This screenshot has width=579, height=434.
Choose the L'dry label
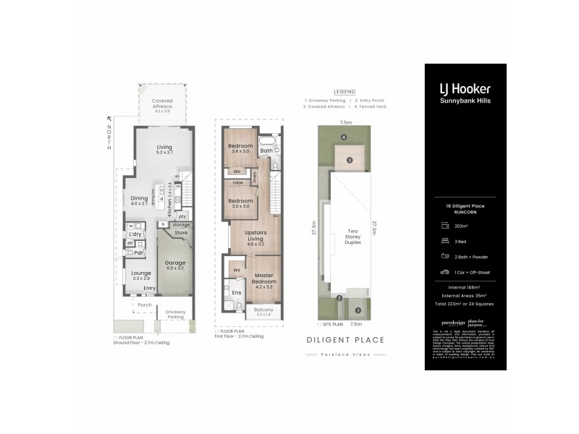pyautogui.click(x=135, y=234)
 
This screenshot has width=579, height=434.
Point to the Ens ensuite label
pyautogui.click(x=236, y=292)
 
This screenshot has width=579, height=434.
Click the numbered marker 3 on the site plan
pyautogui.click(x=349, y=160)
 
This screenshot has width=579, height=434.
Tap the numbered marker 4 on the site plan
pyautogui.click(x=345, y=137)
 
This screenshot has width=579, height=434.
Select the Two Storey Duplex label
pyautogui.click(x=351, y=236)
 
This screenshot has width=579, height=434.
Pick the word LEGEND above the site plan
pyautogui.click(x=344, y=92)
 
